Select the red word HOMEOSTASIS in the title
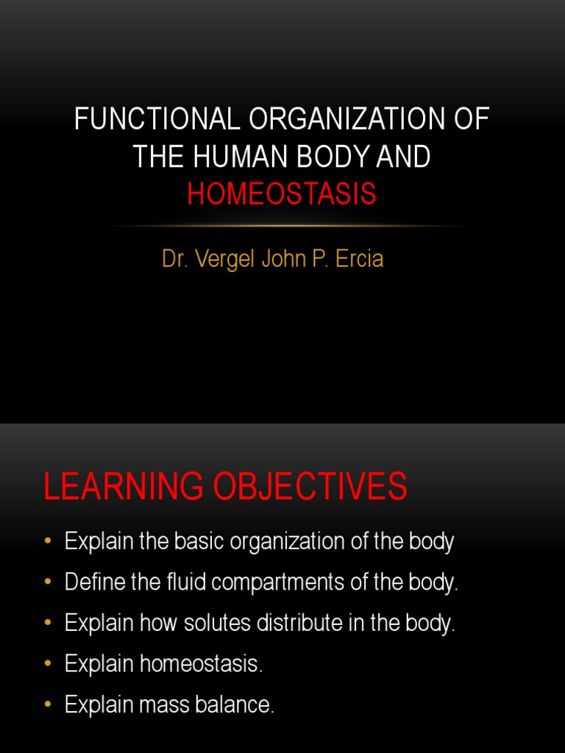pos(282,194)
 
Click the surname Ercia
pos(358,260)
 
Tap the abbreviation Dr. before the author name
pos(174,260)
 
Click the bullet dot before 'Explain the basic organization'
pos(49,542)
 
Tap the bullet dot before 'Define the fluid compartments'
pos(49,582)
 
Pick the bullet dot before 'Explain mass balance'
pos(49,705)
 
